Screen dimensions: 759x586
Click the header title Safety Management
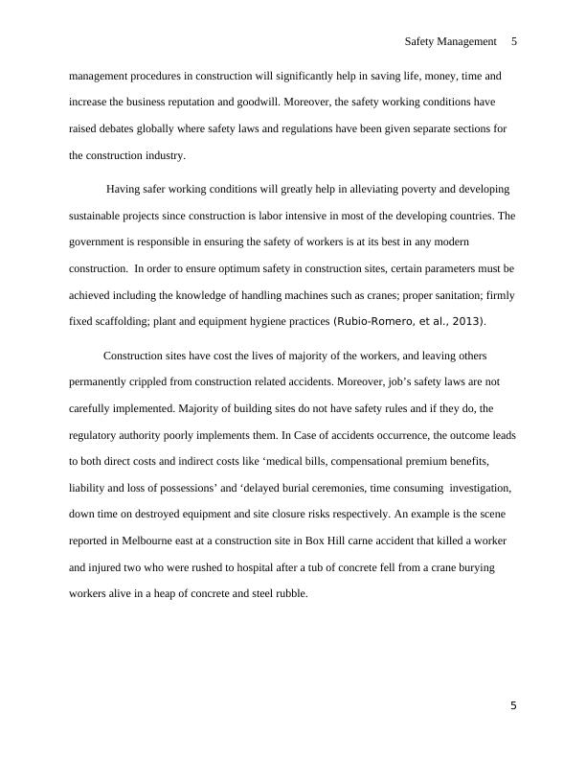pos(450,42)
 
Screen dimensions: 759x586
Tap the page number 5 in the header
pos(514,42)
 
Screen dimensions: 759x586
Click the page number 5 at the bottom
pos(513,706)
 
